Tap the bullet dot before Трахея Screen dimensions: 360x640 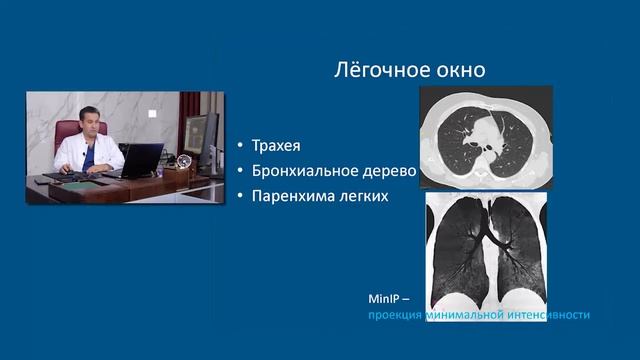coord(240,147)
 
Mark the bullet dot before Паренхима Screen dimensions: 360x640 coord(240,197)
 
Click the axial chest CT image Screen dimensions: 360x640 coord(487,135)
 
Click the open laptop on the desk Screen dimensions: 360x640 coord(141,160)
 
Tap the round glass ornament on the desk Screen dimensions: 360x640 coord(185,161)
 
